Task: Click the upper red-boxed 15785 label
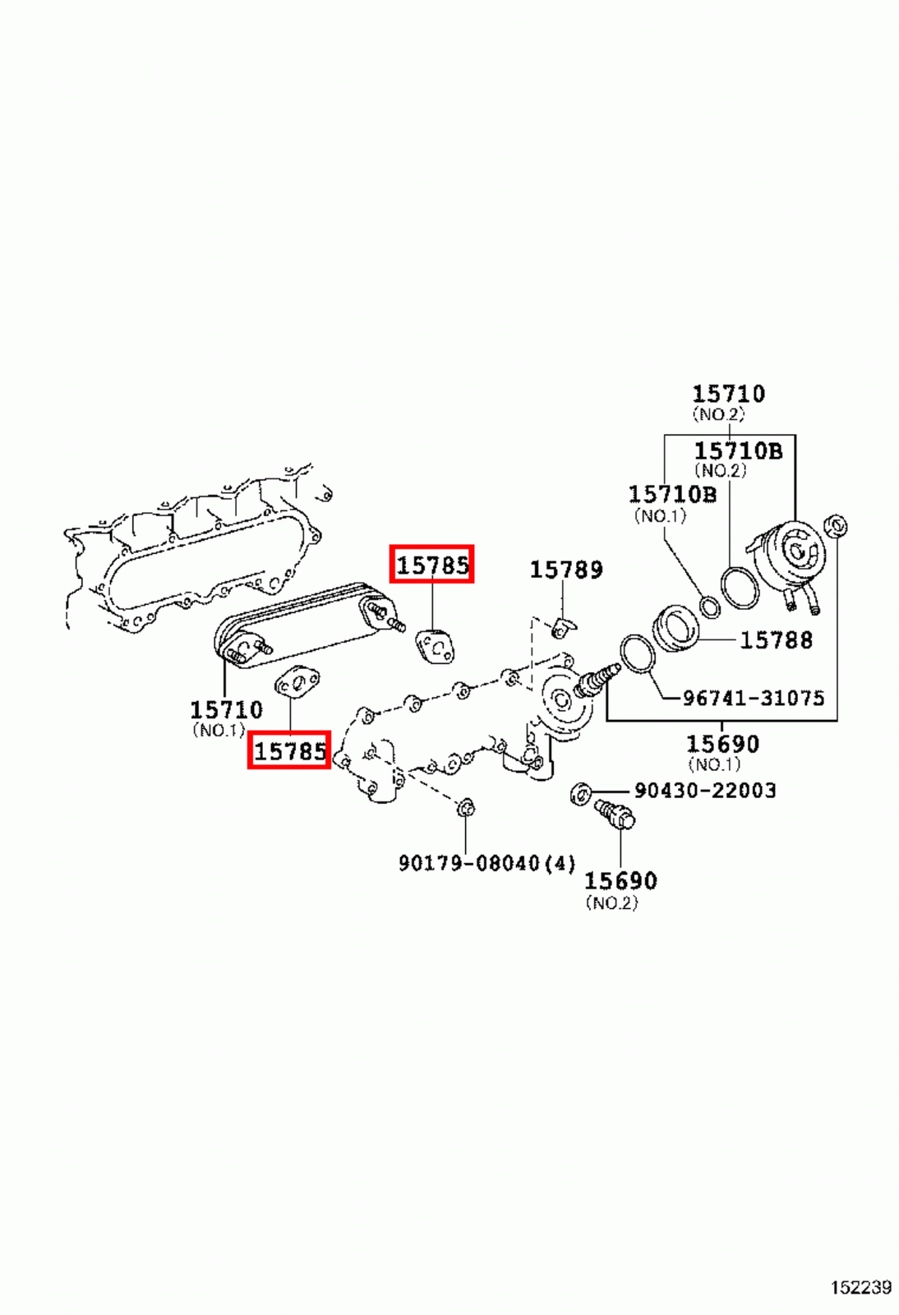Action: point(432,565)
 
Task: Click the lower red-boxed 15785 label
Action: point(289,750)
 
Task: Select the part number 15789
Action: point(565,570)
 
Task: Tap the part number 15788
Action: point(776,640)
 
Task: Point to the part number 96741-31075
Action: point(753,699)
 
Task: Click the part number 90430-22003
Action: point(705,791)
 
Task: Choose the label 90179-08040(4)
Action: point(486,864)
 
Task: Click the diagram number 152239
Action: point(860,1287)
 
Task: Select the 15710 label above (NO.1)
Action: point(226,709)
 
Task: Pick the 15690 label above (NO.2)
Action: point(620,881)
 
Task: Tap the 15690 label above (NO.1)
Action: point(722,745)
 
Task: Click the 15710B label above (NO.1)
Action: point(672,495)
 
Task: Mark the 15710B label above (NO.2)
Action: point(738,451)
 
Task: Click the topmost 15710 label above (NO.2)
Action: point(728,394)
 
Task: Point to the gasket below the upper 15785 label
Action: point(435,645)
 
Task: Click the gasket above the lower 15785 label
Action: point(297,682)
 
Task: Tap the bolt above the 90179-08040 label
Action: point(465,808)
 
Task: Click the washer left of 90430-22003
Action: point(580,794)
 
